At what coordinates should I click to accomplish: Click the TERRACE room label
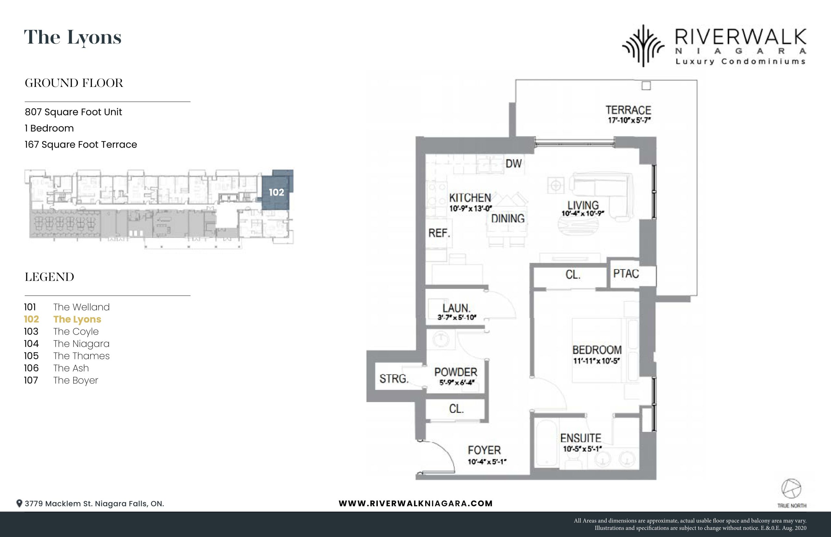pos(628,110)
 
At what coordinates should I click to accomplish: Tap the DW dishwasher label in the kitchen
pos(514,163)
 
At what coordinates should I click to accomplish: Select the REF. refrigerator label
pos(440,233)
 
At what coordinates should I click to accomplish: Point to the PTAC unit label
pos(626,274)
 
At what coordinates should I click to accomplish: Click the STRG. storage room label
pos(394,379)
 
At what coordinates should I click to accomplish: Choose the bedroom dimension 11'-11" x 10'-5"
pos(596,361)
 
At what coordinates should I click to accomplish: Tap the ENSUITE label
pos(581,438)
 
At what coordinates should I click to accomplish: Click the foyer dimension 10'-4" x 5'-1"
pos(487,462)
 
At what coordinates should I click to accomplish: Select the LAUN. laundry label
pos(456,308)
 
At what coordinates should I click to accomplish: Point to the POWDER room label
pos(456,372)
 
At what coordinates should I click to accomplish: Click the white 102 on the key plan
pos(277,192)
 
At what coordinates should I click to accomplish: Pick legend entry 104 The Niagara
pos(67,344)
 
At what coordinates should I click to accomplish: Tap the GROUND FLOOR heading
pos(74,83)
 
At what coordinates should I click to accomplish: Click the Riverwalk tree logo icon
pos(644,46)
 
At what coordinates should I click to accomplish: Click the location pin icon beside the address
pos(19,504)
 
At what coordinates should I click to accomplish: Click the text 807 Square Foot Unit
pos(73,112)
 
